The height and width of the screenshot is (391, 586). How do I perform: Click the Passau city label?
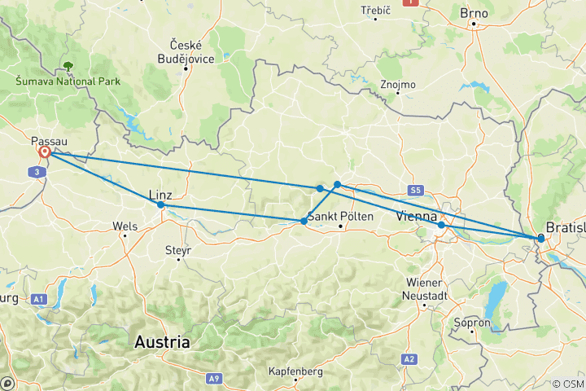(50, 139)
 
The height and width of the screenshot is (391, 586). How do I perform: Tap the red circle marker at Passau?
(45, 152)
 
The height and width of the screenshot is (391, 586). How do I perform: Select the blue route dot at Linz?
(160, 205)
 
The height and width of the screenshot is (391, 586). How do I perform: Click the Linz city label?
(160, 194)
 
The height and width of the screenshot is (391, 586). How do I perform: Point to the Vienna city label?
(418, 217)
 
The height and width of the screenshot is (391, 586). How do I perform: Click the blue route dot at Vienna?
(440, 225)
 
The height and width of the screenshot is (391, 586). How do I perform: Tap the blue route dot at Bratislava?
(540, 239)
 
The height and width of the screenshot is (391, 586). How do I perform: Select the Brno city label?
(474, 13)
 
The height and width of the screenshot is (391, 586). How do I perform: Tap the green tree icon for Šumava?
(67, 64)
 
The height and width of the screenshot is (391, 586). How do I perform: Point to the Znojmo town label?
(399, 84)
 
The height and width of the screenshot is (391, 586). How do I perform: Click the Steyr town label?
(177, 250)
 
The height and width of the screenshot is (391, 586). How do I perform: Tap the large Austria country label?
(164, 342)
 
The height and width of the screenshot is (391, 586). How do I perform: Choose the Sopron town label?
(476, 323)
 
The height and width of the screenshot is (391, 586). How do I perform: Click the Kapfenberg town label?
(295, 371)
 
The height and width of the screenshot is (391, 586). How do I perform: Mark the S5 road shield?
(417, 191)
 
